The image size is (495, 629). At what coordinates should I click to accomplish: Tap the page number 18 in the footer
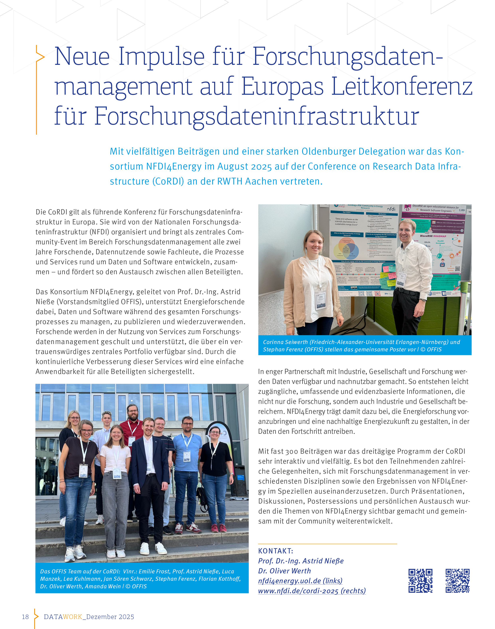(26, 617)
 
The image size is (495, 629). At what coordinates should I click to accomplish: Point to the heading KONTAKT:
(276, 551)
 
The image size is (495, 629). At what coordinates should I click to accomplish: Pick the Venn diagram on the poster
(347, 249)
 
